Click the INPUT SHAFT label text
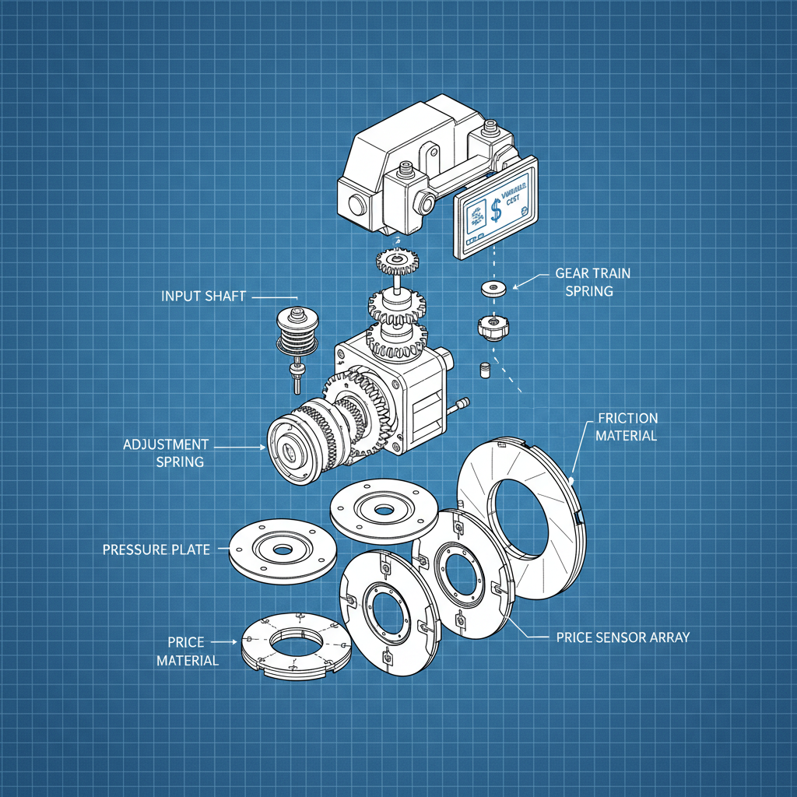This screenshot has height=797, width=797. pyautogui.click(x=203, y=297)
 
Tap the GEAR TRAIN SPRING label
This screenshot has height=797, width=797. pyautogui.click(x=592, y=282)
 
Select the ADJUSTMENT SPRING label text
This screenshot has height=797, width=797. pyautogui.click(x=166, y=453)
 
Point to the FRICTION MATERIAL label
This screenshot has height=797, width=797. pyautogui.click(x=627, y=427)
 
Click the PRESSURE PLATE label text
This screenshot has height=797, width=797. pyautogui.click(x=156, y=549)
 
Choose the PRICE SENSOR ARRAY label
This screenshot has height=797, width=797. pyautogui.click(x=623, y=637)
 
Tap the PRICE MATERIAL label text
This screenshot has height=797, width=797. pyautogui.click(x=187, y=651)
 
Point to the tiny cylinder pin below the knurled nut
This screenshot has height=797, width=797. pyautogui.click(x=484, y=369)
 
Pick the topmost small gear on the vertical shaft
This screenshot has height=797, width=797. pyautogui.click(x=397, y=259)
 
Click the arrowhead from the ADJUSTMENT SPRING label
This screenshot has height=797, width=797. pyautogui.click(x=263, y=447)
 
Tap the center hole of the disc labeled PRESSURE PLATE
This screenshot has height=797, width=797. pyautogui.click(x=282, y=549)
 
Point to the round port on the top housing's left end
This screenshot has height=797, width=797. pyautogui.click(x=356, y=206)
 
